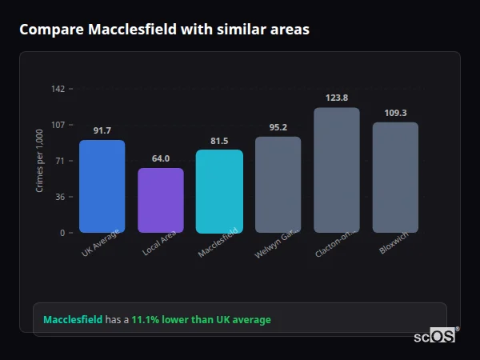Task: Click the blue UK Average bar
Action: pyautogui.click(x=102, y=186)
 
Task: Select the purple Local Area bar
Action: pyautogui.click(x=161, y=200)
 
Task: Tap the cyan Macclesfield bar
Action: pyautogui.click(x=219, y=191)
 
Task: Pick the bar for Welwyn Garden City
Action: pyautogui.click(x=278, y=184)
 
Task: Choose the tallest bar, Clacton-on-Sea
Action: pyautogui.click(x=337, y=170)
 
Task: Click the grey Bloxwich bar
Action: pyautogui.click(x=395, y=177)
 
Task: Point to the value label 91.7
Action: pyautogui.click(x=102, y=130)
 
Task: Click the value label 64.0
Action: pyautogui.click(x=161, y=158)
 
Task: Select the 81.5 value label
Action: pyautogui.click(x=219, y=141)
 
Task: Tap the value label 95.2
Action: pyautogui.click(x=278, y=127)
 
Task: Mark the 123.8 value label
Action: pyautogui.click(x=337, y=98)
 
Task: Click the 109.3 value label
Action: pyautogui.click(x=395, y=113)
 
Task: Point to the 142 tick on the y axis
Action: pyautogui.click(x=58, y=89)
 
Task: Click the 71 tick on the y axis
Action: pyautogui.click(x=60, y=161)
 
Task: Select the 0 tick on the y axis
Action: pyautogui.click(x=62, y=233)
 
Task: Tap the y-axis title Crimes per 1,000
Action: pyautogui.click(x=40, y=160)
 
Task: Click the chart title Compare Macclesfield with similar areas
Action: pyautogui.click(x=164, y=30)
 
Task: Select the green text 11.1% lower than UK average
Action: pyautogui.click(x=201, y=320)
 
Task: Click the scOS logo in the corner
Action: pyautogui.click(x=434, y=336)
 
